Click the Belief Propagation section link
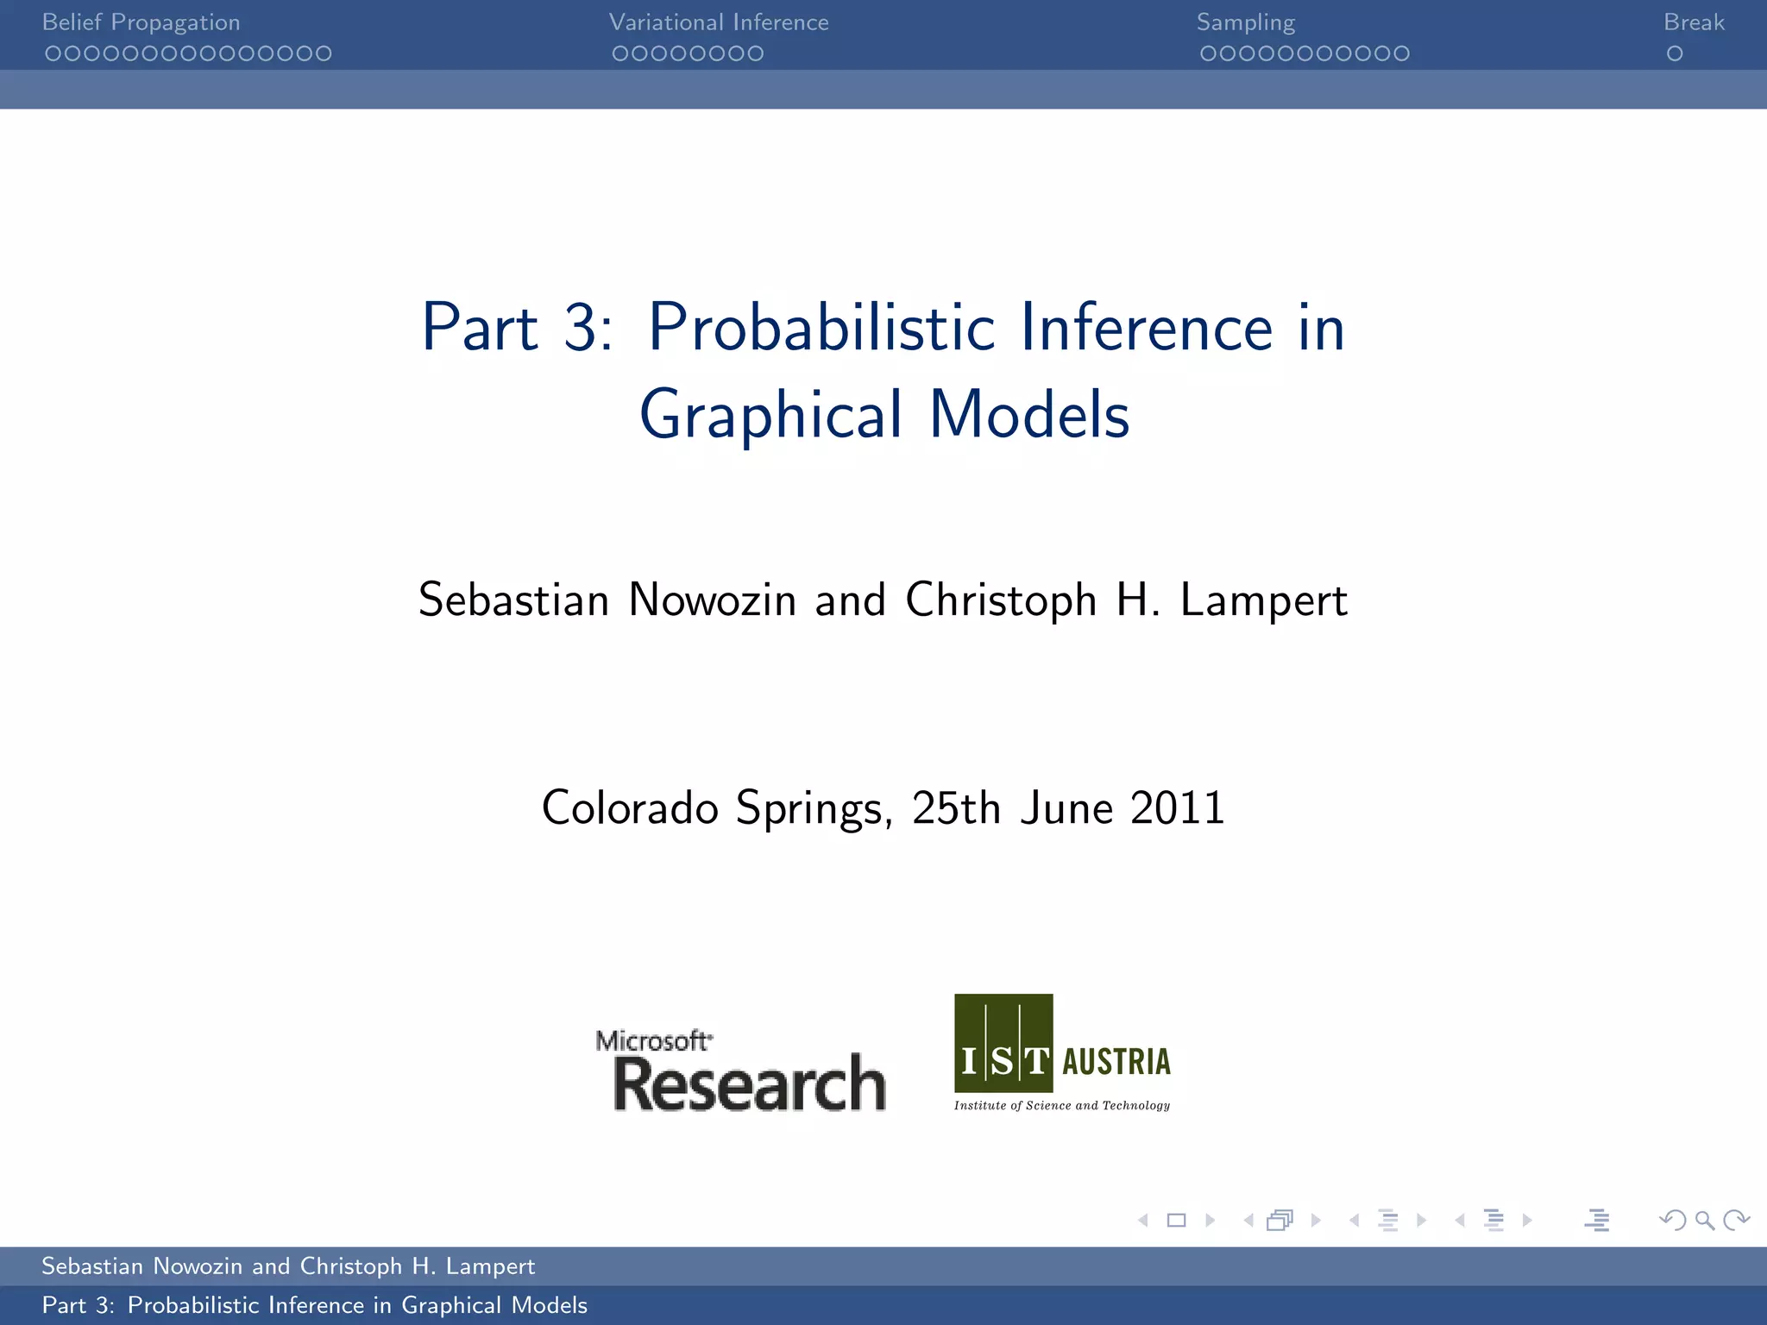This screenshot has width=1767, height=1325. [141, 22]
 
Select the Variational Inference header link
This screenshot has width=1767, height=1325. [719, 22]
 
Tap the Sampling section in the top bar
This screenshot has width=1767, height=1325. [1245, 22]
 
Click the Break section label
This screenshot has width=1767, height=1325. [1694, 22]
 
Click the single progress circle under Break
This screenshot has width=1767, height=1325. [1675, 53]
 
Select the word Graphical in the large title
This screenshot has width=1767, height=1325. [770, 416]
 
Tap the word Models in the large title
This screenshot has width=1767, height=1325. [1029, 414]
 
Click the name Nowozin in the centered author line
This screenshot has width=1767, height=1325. [712, 600]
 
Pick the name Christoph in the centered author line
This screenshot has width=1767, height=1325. [1001, 600]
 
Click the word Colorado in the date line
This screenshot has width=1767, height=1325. [630, 808]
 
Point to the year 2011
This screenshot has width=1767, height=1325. [1177, 808]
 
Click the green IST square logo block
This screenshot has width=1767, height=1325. [1003, 1043]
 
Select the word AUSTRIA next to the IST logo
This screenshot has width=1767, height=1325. [1116, 1062]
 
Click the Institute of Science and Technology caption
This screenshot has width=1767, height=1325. [1062, 1105]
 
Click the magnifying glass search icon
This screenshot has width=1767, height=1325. [1704, 1220]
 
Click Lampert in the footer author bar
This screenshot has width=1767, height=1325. [490, 1266]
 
